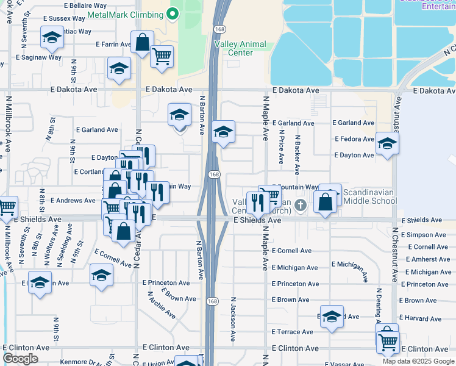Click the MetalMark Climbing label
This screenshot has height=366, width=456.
point(126,13)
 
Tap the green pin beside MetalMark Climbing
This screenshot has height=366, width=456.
point(173,13)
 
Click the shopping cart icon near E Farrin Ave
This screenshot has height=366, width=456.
point(162,56)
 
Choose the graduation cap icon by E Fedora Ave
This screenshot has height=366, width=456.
point(387,144)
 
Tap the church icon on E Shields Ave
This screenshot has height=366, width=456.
point(300,206)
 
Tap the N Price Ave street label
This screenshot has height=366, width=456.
point(281,146)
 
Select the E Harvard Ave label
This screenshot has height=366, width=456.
point(422,318)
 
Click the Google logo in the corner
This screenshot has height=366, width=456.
point(21,359)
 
